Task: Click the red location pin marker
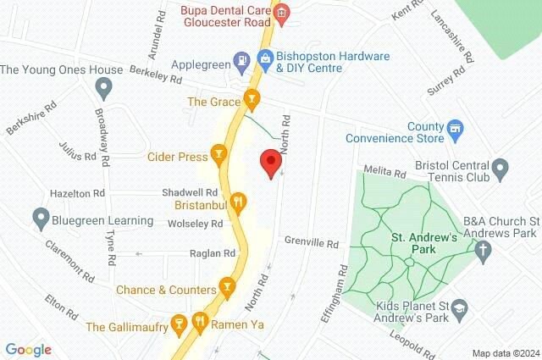(x=271, y=163)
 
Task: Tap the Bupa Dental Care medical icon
(x=283, y=13)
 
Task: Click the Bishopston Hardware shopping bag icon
(x=265, y=58)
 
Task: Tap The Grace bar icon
(x=251, y=101)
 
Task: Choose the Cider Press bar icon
(x=219, y=155)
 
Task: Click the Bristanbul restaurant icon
(x=239, y=202)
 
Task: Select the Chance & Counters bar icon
(x=226, y=289)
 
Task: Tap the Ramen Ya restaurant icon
(x=200, y=322)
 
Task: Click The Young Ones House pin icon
(x=104, y=86)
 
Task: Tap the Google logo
(x=28, y=349)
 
